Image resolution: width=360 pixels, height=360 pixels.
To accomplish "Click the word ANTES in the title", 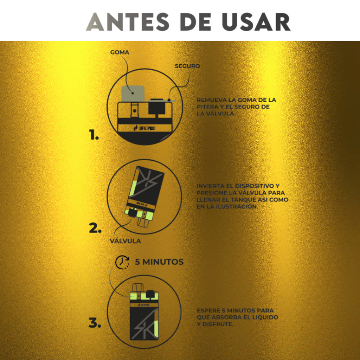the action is [x=128, y=22].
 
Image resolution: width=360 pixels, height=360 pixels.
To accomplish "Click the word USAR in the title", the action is [x=256, y=22].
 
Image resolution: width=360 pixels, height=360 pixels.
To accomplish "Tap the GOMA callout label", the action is [x=120, y=52].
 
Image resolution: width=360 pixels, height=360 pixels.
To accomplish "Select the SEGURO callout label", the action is [x=187, y=66].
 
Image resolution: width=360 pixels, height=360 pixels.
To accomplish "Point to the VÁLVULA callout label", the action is [x=126, y=240].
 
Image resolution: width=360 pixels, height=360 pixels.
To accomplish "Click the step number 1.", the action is [x=94, y=135].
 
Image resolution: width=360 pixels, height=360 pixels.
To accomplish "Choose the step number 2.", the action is [x=95, y=229].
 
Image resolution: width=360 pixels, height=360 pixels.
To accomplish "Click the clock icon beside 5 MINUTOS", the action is [x=122, y=262].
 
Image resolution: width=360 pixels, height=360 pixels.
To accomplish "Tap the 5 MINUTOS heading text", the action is [x=159, y=262].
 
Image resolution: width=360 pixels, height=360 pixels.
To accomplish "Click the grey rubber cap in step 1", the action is [x=133, y=94].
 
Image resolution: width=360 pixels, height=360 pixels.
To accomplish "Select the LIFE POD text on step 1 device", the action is [x=144, y=128].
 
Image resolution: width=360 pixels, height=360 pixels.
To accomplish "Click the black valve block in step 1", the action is [x=156, y=107].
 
